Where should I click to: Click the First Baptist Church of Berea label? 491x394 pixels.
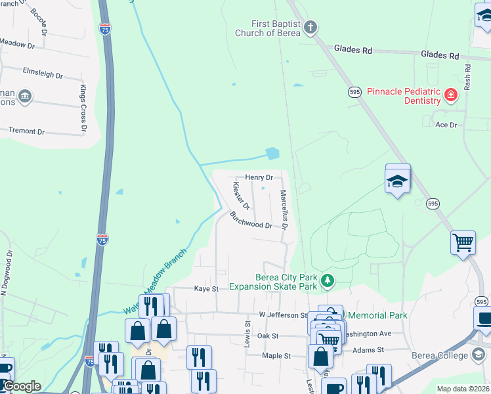pos(268,29)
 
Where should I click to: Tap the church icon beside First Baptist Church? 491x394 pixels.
pos(311,28)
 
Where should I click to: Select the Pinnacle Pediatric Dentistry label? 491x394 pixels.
pos(403,96)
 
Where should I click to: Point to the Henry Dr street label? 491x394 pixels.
pos(259,177)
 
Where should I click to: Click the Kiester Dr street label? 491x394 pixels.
pos(242,196)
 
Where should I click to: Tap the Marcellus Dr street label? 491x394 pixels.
pos(284,210)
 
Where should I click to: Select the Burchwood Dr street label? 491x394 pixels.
pos(251,223)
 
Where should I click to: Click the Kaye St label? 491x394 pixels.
pos(205,288)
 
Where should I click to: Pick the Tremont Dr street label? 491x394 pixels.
pos(27,131)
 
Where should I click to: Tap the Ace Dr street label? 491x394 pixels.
pos(446,124)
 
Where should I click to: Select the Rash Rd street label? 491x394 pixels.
pos(467,77)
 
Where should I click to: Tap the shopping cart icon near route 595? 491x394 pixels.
pos(463,242)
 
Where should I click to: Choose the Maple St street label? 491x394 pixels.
pos(276,356)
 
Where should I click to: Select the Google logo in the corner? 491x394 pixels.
pos(21,387)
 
